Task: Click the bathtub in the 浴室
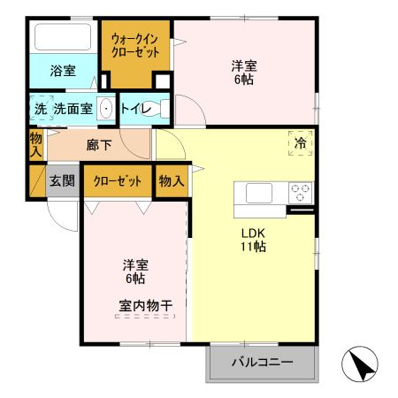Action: point(63,36)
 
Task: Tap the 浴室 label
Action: point(63,71)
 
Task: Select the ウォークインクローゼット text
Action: point(135,45)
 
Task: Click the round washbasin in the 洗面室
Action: point(106,109)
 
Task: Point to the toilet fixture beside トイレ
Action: point(157,109)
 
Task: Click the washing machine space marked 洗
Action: point(42,108)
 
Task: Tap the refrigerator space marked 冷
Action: point(301,143)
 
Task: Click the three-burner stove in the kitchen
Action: point(301,193)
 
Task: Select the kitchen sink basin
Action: point(259,193)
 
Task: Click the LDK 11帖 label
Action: point(253,240)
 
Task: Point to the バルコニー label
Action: point(262,362)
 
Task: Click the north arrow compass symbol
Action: point(360,364)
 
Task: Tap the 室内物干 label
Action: point(145,306)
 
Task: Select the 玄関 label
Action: point(62,180)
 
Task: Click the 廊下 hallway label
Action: point(99,145)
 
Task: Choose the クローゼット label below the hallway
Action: point(118,181)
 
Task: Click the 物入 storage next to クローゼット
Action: point(172,180)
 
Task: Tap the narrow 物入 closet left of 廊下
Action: point(36,144)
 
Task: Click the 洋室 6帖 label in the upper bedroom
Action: point(244,73)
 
